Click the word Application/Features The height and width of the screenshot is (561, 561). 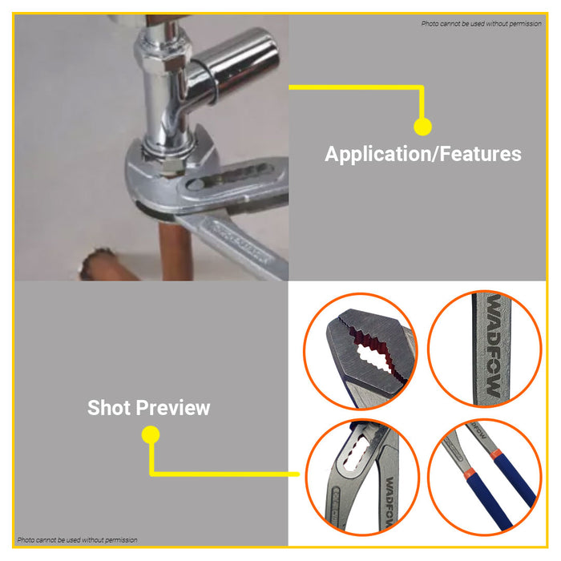click(422, 154)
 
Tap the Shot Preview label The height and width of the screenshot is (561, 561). click(148, 408)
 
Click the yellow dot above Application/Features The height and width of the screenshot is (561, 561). click(422, 127)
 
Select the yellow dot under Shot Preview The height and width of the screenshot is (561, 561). click(150, 435)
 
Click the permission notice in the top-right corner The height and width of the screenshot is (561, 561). click(481, 23)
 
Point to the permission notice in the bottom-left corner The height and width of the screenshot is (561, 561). click(78, 539)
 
